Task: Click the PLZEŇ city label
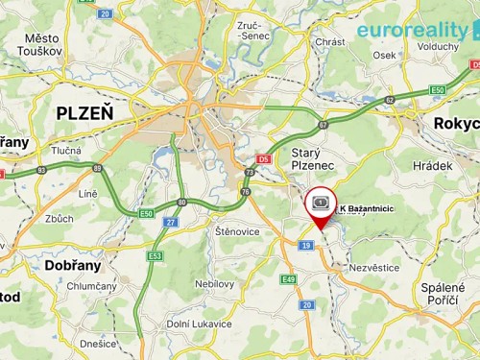[84, 112]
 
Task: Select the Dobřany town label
[74, 264]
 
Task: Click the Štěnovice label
[236, 231]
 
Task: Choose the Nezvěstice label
[376, 269]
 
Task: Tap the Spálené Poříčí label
[444, 295]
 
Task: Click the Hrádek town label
[433, 166]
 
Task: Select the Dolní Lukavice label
[199, 324]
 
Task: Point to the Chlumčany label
[91, 286]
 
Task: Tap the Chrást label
[330, 42]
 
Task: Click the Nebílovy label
[214, 284]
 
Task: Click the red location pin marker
[320, 206]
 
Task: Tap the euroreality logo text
[412, 30]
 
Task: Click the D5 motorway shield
[265, 159]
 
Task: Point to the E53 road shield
[155, 256]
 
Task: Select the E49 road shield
[288, 278]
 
